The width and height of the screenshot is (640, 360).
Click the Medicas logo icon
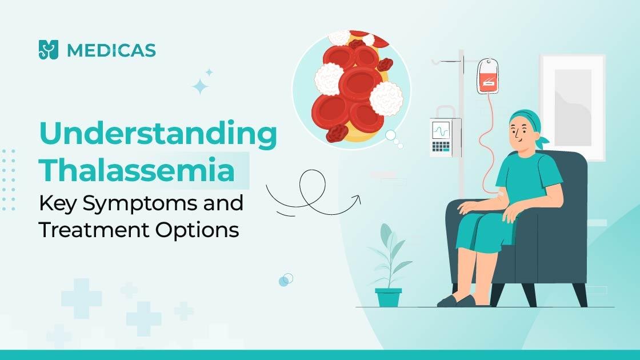point(49,50)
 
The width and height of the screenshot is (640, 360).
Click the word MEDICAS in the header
point(111,50)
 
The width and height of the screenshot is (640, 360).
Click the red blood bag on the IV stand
point(487,75)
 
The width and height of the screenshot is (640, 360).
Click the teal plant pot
point(388,297)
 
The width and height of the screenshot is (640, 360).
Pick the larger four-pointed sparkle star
point(200,86)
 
